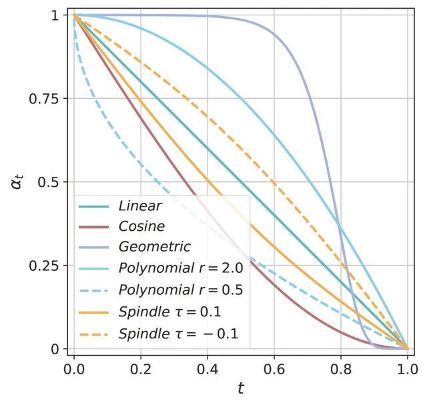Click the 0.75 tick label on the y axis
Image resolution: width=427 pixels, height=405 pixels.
(x=45, y=99)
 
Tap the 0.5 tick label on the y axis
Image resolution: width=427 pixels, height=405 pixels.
(x=51, y=182)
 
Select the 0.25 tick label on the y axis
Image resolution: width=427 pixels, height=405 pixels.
(x=45, y=266)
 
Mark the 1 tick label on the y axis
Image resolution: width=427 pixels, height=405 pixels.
(x=59, y=15)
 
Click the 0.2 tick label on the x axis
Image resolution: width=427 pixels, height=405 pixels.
(x=140, y=368)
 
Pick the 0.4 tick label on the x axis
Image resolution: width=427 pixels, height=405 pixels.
(x=207, y=368)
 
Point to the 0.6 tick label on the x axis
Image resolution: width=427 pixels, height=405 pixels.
(x=274, y=368)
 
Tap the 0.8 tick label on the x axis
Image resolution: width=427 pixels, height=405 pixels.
(x=340, y=368)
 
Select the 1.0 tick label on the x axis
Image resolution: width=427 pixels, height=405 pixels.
(x=407, y=368)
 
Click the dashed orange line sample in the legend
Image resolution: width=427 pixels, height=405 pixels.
(x=94, y=332)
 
